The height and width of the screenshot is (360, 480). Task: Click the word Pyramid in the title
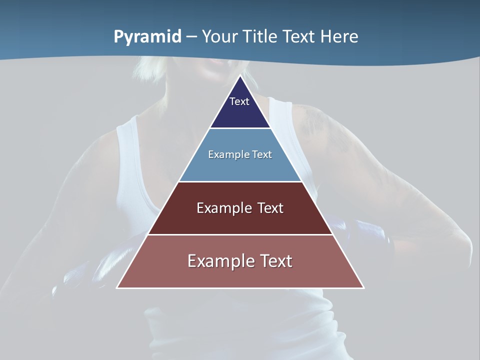(147, 37)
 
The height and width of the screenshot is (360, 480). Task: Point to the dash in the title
(191, 37)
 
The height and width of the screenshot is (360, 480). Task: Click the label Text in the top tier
(239, 101)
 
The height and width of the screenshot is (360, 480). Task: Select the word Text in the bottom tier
(274, 261)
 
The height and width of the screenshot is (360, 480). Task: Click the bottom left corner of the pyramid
(117, 287)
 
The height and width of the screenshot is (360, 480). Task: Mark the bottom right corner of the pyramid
(363, 287)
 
